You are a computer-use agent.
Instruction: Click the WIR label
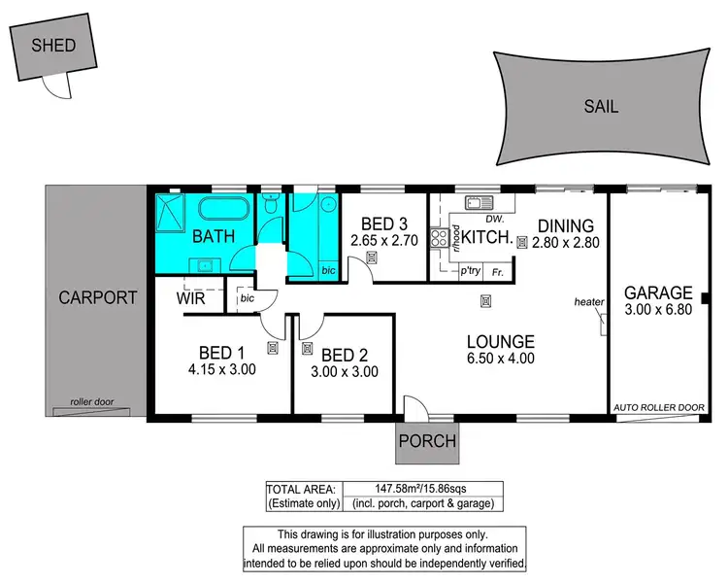[x=189, y=299]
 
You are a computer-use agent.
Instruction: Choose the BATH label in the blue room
[x=211, y=236]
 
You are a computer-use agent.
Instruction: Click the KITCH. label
[x=485, y=237]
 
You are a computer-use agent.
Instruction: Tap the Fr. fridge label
[x=498, y=273]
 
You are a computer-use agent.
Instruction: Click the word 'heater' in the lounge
[x=588, y=302]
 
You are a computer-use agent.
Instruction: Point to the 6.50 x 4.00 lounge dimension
[x=500, y=359]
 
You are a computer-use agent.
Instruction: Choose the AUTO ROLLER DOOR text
[x=657, y=407]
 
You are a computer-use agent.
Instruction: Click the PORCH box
[x=426, y=440]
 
